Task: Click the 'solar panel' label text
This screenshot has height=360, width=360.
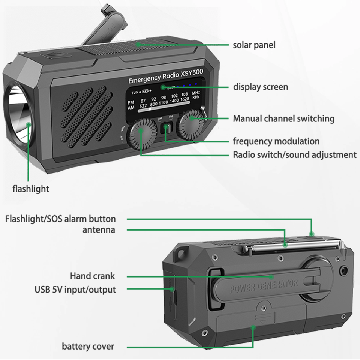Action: pos(254,45)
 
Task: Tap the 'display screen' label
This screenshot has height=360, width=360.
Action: pos(261,87)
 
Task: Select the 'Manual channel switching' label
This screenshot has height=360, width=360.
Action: pos(283,119)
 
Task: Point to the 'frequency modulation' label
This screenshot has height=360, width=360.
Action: pos(276,141)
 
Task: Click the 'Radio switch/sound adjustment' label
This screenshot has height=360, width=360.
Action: pos(294,154)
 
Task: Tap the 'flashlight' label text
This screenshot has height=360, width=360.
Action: pos(31,189)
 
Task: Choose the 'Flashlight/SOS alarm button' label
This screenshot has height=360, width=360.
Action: pos(60,219)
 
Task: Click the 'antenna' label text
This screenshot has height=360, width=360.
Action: pos(99,229)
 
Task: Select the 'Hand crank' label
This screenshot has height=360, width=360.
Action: pos(92,276)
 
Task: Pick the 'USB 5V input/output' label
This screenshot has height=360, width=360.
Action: pos(75,289)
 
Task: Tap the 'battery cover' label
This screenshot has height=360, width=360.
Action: pos(88,346)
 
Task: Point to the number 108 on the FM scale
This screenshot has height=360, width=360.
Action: pos(184,94)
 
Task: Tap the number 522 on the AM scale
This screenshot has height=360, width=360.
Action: pos(142,106)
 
